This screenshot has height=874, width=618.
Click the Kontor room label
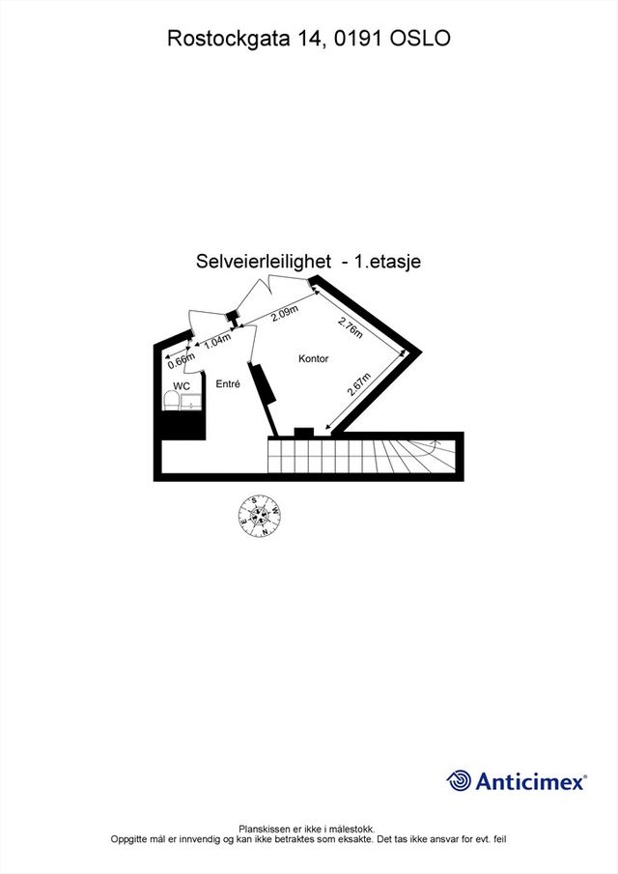point(313,359)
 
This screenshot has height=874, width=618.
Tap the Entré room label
point(228,383)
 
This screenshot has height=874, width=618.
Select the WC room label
point(182,386)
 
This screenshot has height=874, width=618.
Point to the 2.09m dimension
point(284,314)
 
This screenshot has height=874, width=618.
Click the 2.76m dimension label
point(351,327)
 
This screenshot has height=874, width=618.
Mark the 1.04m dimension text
point(217,341)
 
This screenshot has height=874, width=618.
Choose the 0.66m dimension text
point(182,360)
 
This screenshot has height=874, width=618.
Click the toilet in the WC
point(172,400)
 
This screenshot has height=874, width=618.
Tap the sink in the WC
point(191,402)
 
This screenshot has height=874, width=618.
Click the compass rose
point(260,516)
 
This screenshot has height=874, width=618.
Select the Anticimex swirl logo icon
point(460,781)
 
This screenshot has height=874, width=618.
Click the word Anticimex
point(529,781)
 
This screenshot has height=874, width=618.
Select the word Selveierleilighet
point(264,261)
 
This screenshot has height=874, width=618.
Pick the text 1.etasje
point(388,261)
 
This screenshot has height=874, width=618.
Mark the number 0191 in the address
point(358,39)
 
